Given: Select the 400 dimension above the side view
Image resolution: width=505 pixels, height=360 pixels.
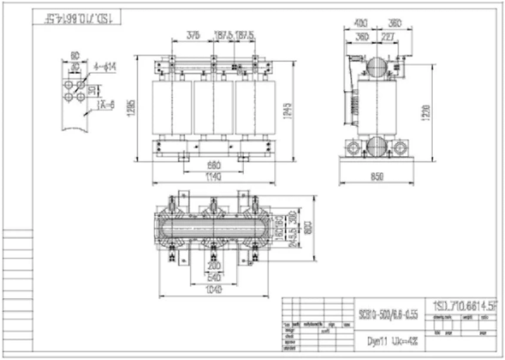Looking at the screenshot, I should point(360,23).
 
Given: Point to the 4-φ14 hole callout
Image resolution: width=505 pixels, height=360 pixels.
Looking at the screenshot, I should point(106,68).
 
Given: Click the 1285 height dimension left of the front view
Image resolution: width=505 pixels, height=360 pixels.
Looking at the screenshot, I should point(140,106).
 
